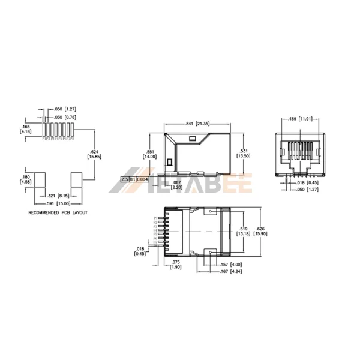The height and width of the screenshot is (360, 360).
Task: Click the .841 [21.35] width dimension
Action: point(197,124)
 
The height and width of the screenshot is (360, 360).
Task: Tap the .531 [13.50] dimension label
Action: point(244,153)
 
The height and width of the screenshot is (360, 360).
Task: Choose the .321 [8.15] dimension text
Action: point(59,196)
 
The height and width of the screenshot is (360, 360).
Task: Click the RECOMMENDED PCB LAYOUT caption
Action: point(58,213)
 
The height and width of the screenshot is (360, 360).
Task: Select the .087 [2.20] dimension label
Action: point(176,184)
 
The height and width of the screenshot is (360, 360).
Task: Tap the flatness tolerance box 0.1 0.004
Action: point(135,179)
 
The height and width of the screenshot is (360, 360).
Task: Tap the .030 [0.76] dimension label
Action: point(65,116)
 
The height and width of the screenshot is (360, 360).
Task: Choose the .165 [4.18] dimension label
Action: point(25,128)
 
